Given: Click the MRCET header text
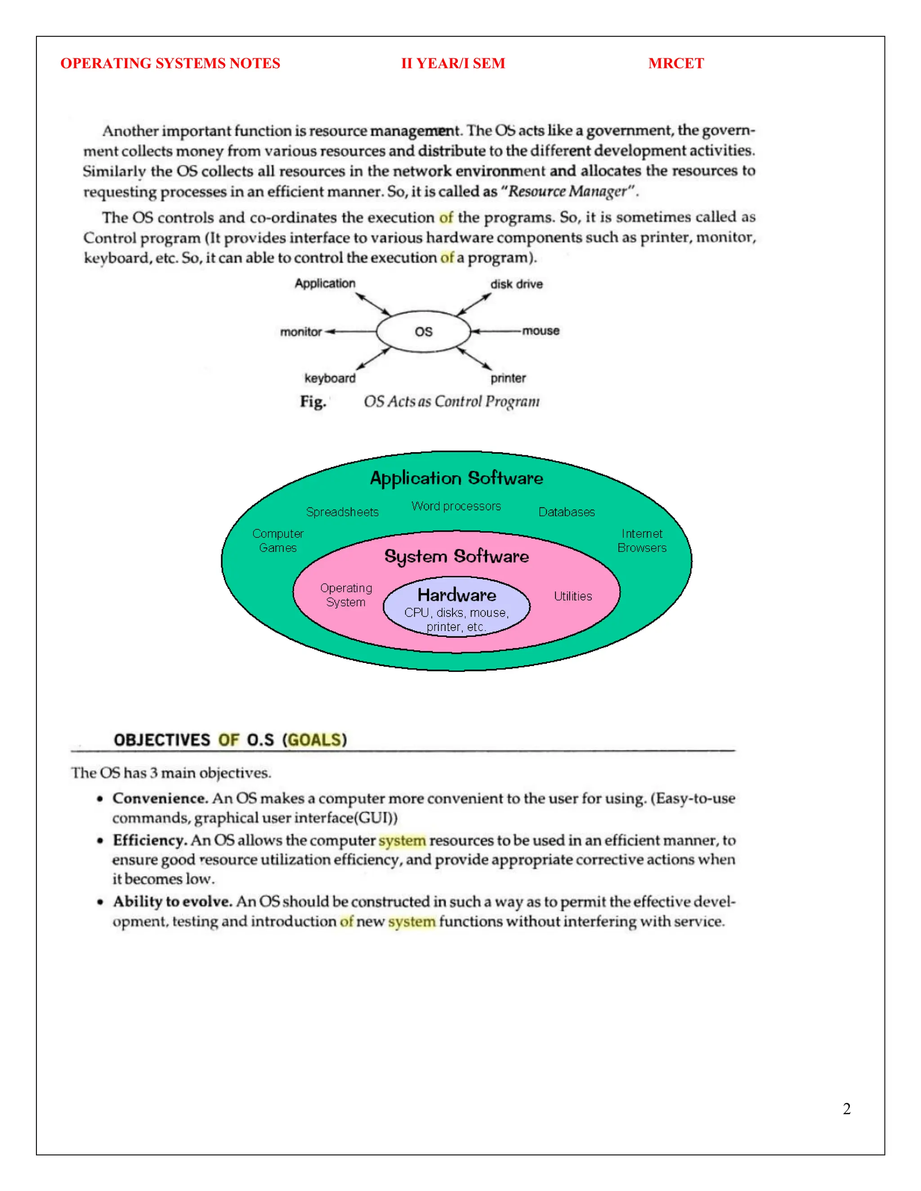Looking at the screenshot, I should click(x=675, y=63).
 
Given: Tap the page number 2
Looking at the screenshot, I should click(x=846, y=1109).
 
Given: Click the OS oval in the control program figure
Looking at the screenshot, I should click(x=423, y=332).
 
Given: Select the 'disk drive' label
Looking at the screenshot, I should click(x=516, y=284).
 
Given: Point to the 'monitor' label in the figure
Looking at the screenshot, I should click(x=301, y=332).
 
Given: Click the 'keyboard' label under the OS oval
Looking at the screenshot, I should click(x=330, y=378).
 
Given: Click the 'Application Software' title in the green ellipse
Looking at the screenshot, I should click(x=456, y=478).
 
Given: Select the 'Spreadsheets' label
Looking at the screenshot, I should click(x=342, y=512).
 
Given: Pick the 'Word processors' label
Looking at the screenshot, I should click(x=456, y=506).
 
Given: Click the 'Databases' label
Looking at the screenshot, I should click(x=566, y=512).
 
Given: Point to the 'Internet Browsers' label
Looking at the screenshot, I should click(x=642, y=540).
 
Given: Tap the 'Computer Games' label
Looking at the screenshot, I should click(x=278, y=540).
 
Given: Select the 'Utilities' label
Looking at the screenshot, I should click(x=573, y=596).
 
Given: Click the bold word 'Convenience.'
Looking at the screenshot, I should click(x=160, y=798).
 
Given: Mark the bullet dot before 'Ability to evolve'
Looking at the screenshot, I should click(x=100, y=902).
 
